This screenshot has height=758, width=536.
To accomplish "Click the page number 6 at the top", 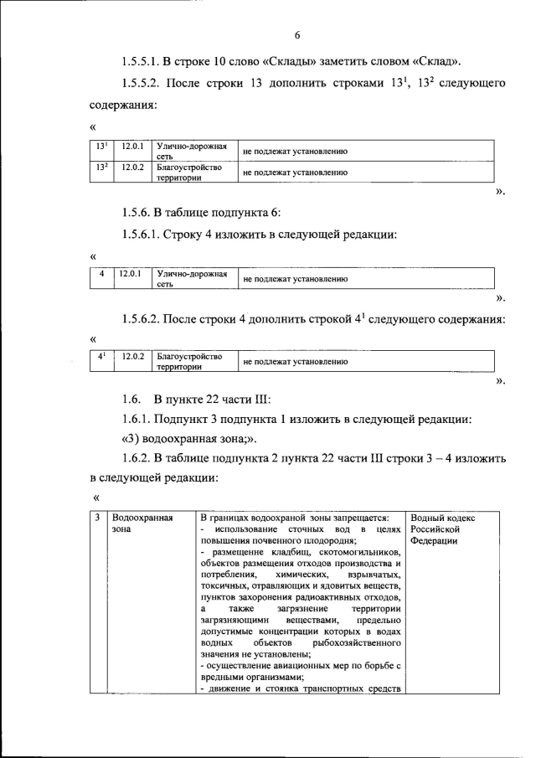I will [x=296, y=34].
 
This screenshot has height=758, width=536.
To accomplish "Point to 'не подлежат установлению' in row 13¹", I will [x=295, y=152].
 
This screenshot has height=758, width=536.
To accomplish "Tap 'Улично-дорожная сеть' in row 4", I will [x=192, y=278].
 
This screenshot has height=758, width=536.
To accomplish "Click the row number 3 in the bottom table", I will [x=98, y=518].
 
